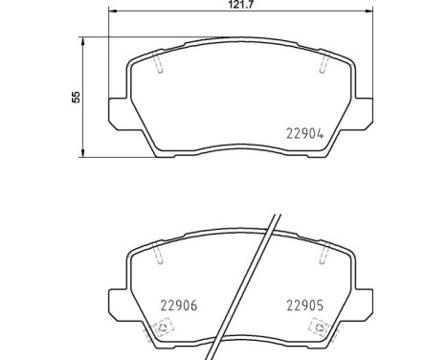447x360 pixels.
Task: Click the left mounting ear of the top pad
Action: coord(116,112)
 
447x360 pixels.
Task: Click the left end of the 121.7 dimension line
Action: coord(106,12)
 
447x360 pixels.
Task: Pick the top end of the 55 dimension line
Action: coord(86,38)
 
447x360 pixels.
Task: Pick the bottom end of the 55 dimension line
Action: coord(86,157)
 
